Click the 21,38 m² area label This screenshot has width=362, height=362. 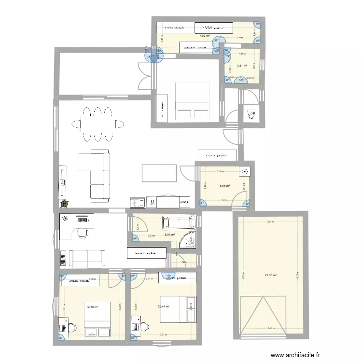click(x=271, y=275)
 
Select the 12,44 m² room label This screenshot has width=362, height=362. click(x=164, y=306)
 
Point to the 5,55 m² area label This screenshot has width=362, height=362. click(x=225, y=185)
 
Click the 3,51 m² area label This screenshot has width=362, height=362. click(x=242, y=66)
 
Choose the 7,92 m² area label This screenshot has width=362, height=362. click(x=204, y=35)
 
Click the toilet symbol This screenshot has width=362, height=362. click(x=250, y=115)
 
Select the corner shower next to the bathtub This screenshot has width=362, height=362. click(x=187, y=239)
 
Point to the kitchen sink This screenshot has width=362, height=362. click(x=137, y=201)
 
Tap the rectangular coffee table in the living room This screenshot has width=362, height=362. click(x=158, y=172)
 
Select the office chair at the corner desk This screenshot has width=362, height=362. click(x=83, y=233)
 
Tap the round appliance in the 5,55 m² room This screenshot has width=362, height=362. click(x=246, y=171)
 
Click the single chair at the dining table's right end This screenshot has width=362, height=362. click(x=118, y=124)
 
